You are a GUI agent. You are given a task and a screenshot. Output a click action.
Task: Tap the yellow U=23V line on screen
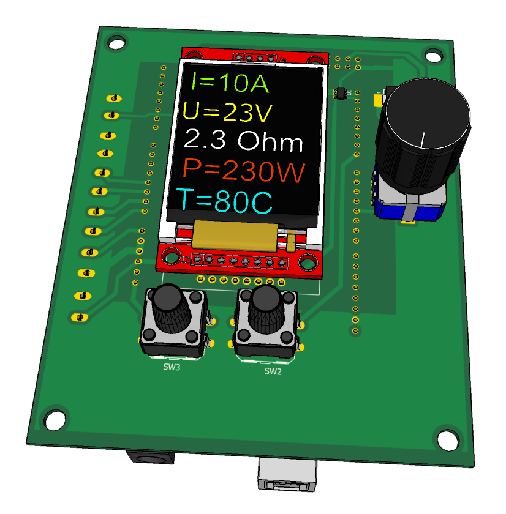coord(227,112)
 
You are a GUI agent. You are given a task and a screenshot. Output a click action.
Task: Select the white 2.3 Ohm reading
coord(243,140)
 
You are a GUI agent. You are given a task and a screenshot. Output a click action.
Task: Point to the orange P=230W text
coord(243,170)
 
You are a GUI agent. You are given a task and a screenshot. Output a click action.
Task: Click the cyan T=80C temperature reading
coord(224,200)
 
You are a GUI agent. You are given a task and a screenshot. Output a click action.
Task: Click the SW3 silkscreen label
coord(172,367)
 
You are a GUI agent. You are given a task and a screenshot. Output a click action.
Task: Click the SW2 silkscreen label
coord(273,371)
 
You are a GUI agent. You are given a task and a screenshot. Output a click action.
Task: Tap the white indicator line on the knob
coord(422,140)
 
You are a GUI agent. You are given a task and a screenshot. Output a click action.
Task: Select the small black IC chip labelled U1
coord(341,93)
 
